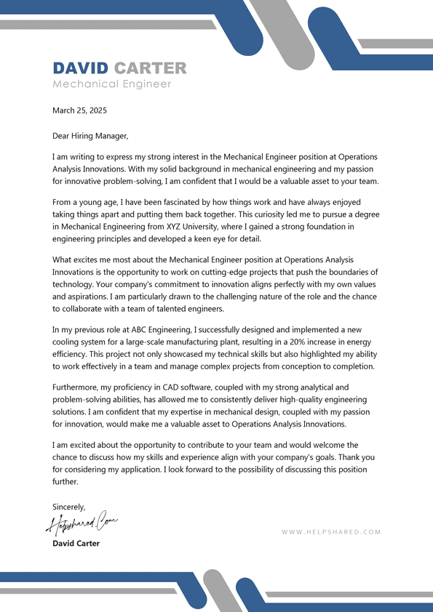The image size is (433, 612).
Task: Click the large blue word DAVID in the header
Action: pyautogui.click(x=80, y=68)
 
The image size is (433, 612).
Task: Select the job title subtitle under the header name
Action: pyautogui.click(x=112, y=84)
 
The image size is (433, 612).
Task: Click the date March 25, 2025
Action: pyautogui.click(x=79, y=110)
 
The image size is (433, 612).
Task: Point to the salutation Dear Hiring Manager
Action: pyautogui.click(x=90, y=135)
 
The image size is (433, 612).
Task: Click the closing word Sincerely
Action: pyautogui.click(x=69, y=507)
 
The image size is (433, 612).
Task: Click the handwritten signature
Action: pyautogui.click(x=82, y=521)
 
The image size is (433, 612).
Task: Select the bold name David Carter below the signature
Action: pyautogui.click(x=76, y=544)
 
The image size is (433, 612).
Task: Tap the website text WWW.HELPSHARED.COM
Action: pyautogui.click(x=331, y=532)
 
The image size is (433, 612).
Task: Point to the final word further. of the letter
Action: pyautogui.click(x=65, y=481)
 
